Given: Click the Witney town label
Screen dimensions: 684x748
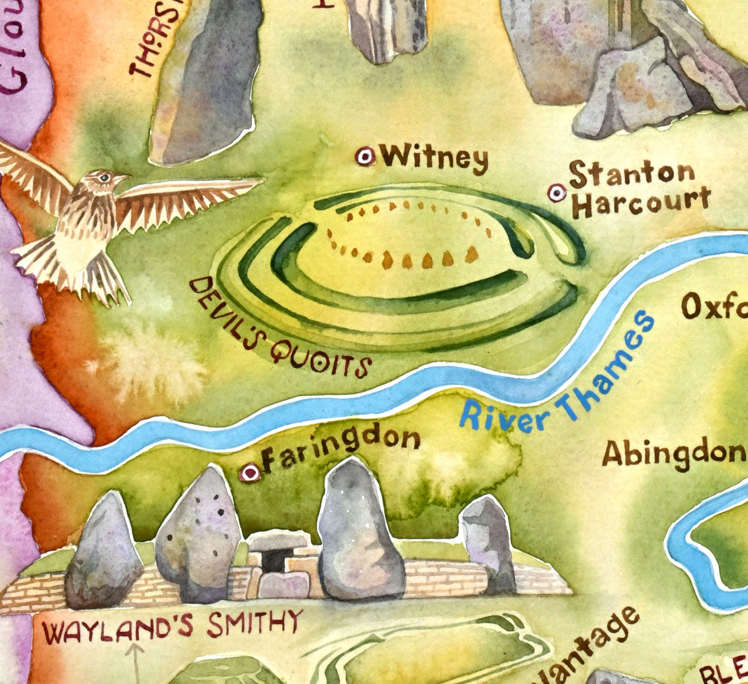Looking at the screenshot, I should (435, 158).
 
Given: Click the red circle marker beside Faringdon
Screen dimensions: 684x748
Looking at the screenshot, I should (251, 472).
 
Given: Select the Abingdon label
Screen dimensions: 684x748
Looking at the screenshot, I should (673, 453).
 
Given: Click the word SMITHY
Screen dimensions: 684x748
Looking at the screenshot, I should (255, 623).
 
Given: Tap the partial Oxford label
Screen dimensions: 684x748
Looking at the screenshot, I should (714, 308).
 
